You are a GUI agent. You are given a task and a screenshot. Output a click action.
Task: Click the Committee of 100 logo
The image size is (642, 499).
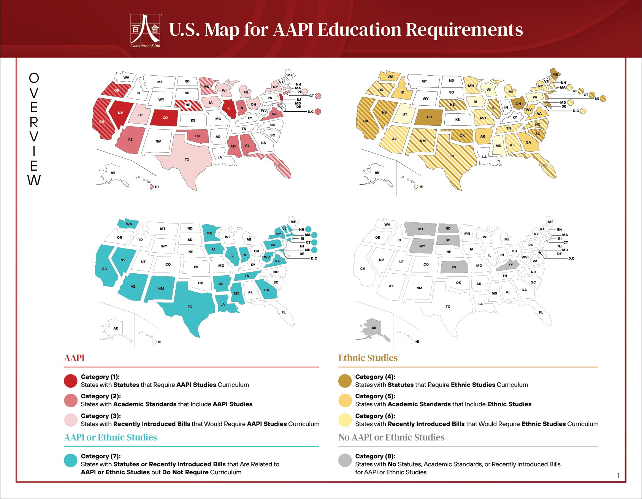pyautogui.click(x=146, y=30)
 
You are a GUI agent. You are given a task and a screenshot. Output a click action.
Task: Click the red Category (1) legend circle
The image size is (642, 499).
pyautogui.click(x=71, y=381)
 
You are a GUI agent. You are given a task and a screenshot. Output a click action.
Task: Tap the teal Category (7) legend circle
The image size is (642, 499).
pyautogui.click(x=71, y=460)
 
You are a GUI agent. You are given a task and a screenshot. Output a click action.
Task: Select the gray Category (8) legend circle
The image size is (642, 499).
pyautogui.click(x=345, y=460)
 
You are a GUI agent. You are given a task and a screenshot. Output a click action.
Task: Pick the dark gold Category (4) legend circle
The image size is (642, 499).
pyautogui.click(x=345, y=381)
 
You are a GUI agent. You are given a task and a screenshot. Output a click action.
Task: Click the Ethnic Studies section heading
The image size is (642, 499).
pyautogui.click(x=368, y=358)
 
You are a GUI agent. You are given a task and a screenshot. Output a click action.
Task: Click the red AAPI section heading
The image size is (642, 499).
pyautogui.click(x=75, y=358)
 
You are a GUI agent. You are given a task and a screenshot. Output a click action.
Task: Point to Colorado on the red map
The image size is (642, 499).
pyautogui.click(x=165, y=118)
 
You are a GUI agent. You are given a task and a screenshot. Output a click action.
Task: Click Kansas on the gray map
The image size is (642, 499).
pyautogui.click(x=454, y=267)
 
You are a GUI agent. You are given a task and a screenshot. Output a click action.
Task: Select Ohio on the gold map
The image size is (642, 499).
pyautogui.click(x=518, y=103)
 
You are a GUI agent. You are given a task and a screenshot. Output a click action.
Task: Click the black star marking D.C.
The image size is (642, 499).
pyautogui.click(x=539, y=253)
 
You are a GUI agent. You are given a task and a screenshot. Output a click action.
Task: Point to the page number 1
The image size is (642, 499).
pyautogui.click(x=618, y=476)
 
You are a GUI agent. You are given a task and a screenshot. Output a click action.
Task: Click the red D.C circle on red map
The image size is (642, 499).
pyautogui.click(x=318, y=111)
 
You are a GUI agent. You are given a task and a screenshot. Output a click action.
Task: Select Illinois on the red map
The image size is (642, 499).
pyautogui.click(x=229, y=108)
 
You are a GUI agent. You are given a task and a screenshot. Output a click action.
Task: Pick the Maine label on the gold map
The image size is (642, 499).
pyautogui.click(x=555, y=74)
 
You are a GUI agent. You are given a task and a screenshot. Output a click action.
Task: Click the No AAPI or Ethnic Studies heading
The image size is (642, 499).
pyautogui.click(x=391, y=437)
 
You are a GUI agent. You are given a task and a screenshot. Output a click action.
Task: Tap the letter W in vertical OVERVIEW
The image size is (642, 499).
pyautogui.click(x=34, y=180)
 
